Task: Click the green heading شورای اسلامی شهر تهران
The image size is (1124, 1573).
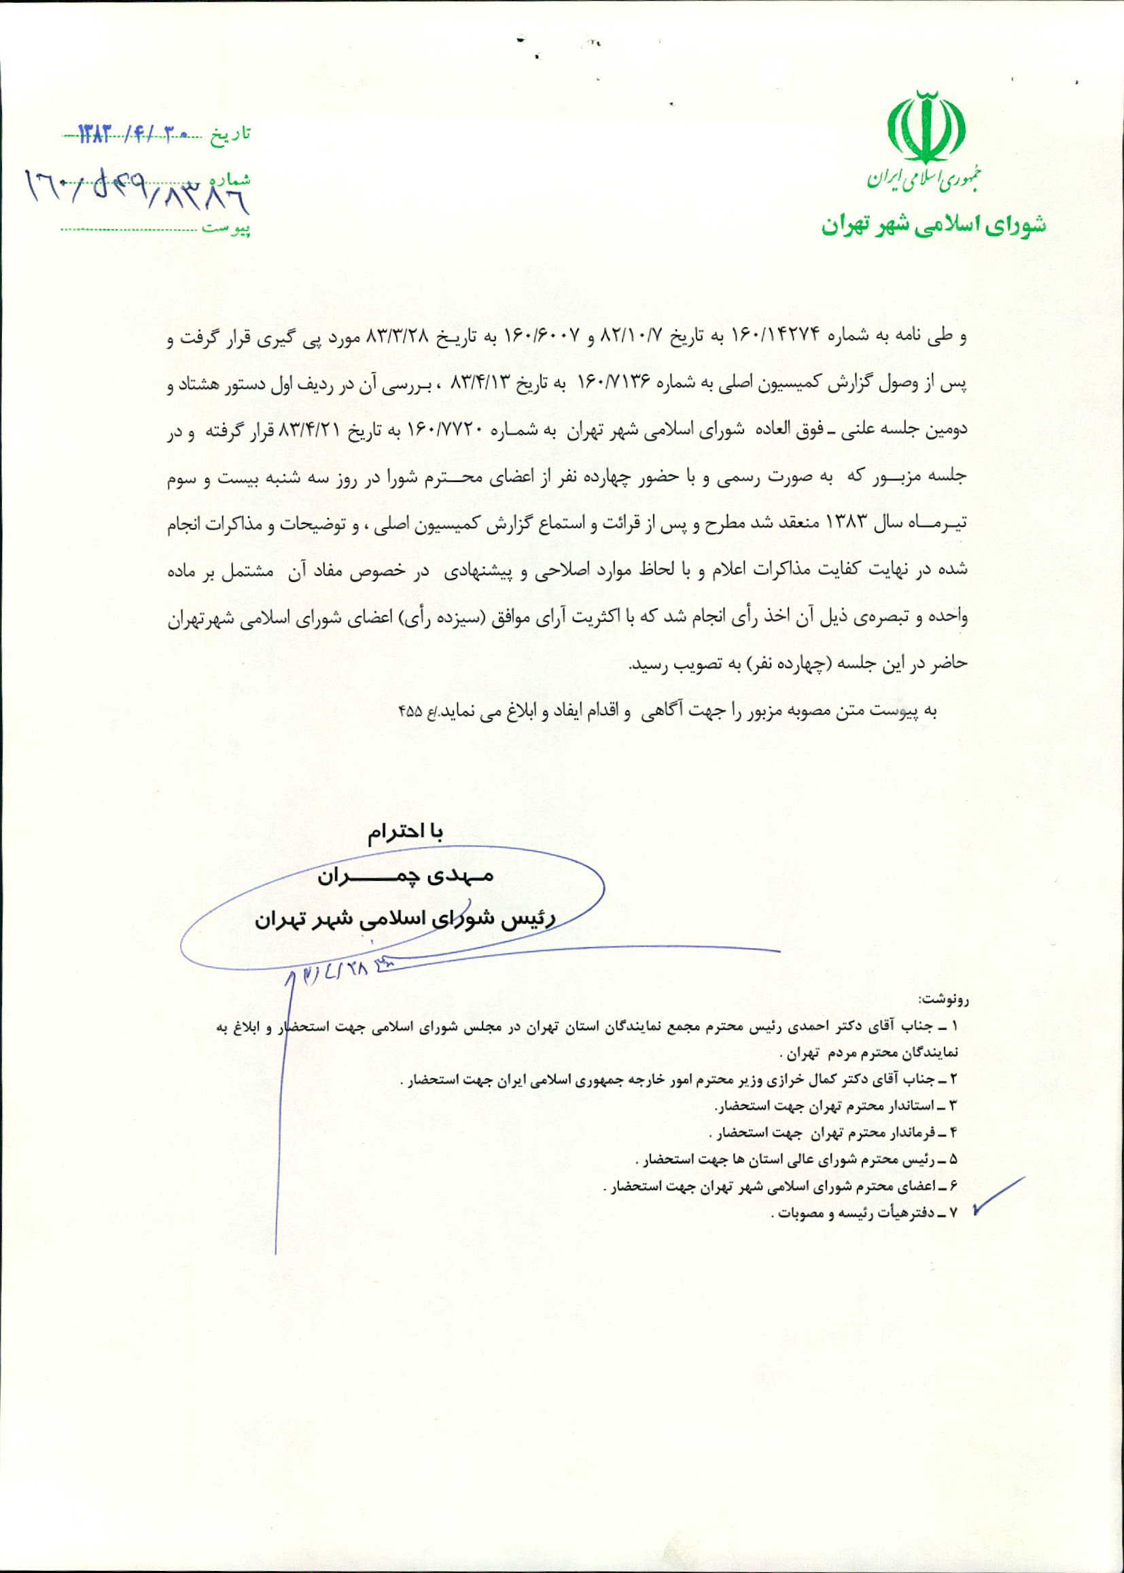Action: coord(934,225)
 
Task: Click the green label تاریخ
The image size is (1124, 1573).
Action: coord(231,134)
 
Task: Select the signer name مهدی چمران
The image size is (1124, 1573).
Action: coord(406,876)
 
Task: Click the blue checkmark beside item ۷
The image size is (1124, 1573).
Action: coord(997,1195)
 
